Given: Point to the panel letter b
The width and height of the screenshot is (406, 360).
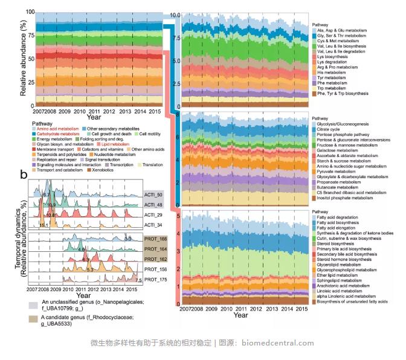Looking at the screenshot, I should pos(24,175).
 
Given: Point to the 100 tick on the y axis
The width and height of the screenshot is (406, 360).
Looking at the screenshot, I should pos(26,13).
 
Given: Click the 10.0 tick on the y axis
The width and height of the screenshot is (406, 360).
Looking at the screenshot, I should pos(175,14).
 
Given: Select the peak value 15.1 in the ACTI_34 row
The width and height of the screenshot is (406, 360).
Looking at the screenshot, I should pos(43,225).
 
